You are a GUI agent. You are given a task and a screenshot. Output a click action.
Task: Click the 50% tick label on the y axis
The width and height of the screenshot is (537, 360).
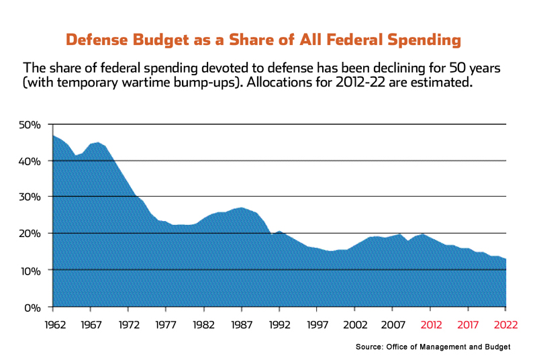[32, 125]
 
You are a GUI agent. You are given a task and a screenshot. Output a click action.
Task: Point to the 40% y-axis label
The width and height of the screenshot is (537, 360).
[32, 161]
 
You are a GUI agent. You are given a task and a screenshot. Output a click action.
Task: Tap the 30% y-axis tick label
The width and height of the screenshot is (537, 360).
[32, 197]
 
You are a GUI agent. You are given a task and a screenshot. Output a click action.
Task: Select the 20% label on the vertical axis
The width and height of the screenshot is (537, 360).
[32, 234]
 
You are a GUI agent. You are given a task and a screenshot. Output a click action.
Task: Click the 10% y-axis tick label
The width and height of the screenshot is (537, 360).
[32, 271]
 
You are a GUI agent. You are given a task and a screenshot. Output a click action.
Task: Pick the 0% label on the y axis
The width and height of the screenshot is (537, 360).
[34, 308]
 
